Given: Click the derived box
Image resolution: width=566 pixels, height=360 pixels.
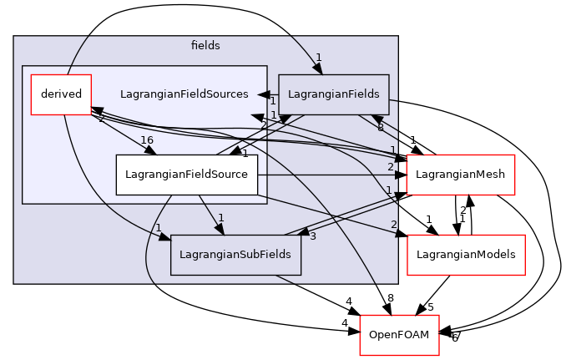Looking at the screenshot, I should point(60,94).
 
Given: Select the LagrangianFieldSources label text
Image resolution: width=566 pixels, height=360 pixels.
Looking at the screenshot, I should point(184,94).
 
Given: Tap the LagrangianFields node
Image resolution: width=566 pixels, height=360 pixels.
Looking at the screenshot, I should point(333,94).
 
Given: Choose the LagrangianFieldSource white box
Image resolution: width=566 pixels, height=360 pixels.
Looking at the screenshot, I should point(186,174).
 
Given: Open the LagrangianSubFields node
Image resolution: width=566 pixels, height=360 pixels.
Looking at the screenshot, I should point(235,255).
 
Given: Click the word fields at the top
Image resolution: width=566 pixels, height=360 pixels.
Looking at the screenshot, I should point(205,45).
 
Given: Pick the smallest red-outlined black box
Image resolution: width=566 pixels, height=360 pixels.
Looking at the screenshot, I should point(399,335).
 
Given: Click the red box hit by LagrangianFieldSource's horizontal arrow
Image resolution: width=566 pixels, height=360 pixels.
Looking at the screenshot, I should point(460,175).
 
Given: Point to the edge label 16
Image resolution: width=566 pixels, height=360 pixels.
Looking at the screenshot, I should point(146,140).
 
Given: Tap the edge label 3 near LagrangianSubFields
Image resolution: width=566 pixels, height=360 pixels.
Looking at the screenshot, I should point(312,236).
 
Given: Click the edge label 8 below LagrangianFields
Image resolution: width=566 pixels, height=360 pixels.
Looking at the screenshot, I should point(380,127).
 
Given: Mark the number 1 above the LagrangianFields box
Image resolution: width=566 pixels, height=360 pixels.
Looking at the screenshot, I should point(318,58).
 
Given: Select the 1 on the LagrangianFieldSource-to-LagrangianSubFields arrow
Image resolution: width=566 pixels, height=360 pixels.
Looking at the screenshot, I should point(220,218).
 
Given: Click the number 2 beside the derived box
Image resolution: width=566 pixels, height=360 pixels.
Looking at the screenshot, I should point(101,118).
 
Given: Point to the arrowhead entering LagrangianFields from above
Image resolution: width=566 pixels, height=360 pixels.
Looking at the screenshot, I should point(318,69).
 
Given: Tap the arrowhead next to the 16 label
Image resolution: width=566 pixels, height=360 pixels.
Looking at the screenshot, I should point(150,150).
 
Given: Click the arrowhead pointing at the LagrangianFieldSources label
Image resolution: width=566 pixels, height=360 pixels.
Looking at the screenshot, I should point(262,94).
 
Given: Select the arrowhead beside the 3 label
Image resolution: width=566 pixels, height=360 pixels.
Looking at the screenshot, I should point(303,231).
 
